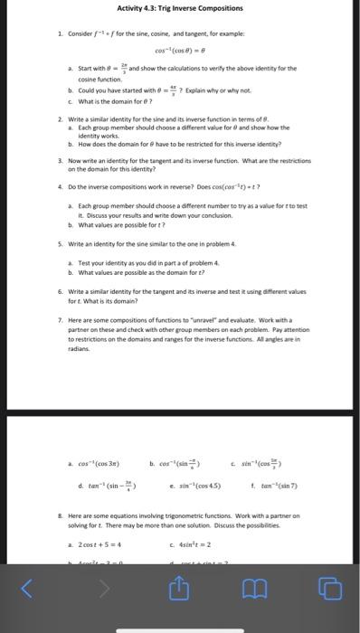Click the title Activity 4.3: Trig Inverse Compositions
[x=179, y=8]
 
